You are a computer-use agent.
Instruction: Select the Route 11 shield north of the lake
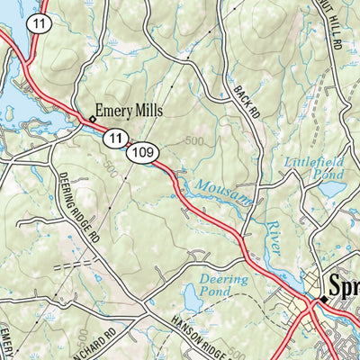tap(37, 24)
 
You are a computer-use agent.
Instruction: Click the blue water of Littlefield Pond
tap(331, 190)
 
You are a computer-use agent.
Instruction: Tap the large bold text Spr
tap(345, 288)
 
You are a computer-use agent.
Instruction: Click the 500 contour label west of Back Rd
tap(193, 141)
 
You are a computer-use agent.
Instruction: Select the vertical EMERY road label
tap(7, 342)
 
